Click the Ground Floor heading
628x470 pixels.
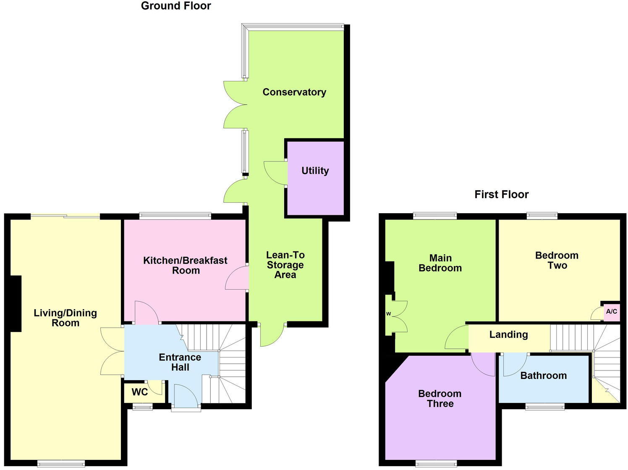(x=176, y=6)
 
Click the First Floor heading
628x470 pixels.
(x=501, y=194)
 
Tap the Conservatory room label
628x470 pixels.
(x=294, y=92)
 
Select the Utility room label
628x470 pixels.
(x=315, y=170)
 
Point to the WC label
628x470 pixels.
(x=140, y=392)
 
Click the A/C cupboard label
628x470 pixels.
(x=612, y=311)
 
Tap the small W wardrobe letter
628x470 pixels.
(x=388, y=313)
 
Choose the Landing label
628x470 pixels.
(x=508, y=334)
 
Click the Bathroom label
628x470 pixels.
(x=543, y=376)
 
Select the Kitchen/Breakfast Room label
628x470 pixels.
(x=185, y=265)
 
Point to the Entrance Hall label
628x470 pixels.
(x=180, y=362)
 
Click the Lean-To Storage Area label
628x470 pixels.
(x=285, y=265)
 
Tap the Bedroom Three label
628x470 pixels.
(x=440, y=399)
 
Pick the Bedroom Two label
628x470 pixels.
(x=557, y=260)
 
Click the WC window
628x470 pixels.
(x=143, y=406)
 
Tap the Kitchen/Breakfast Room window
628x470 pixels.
(x=175, y=216)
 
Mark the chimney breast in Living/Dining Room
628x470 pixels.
(x=16, y=303)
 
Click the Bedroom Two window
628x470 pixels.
(x=542, y=216)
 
